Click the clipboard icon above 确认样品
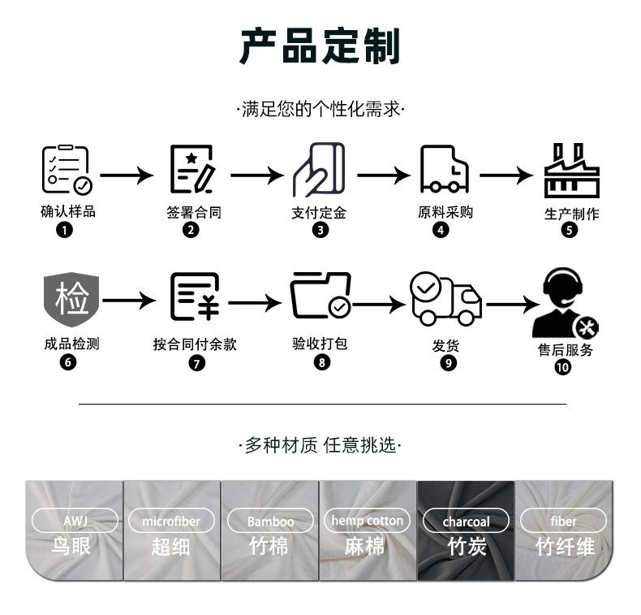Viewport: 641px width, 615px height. tap(67, 170)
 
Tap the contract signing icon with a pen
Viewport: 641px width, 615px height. tap(191, 170)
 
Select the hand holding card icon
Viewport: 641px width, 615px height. tap(319, 170)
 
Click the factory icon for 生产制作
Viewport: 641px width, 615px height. tap(571, 171)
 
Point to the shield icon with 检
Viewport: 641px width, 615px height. tap(71, 297)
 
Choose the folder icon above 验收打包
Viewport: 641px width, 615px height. tap(320, 297)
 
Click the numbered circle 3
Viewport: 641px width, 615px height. tap(320, 230)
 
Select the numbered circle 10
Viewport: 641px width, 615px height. tap(562, 367)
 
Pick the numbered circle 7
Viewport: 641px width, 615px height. tap(197, 363)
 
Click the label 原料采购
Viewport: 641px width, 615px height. tap(445, 212)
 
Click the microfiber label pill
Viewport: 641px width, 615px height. tap(170, 521)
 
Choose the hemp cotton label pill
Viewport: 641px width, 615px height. tap(368, 520)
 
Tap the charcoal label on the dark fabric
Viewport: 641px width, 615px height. tap(466, 521)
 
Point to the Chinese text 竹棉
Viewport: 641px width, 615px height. tap(269, 546)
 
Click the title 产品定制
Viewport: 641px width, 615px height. tap(320, 45)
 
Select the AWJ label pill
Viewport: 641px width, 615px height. tap(74, 521)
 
